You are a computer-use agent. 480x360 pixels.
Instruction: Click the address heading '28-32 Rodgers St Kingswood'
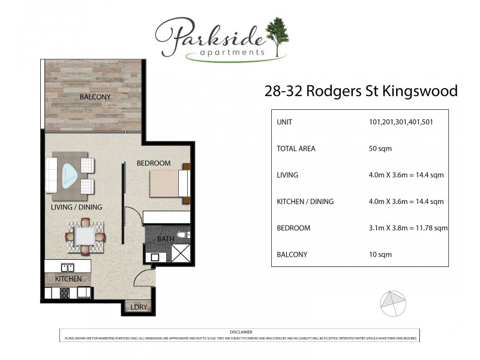tap(361, 91)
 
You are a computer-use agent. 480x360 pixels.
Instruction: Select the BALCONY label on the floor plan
tap(95, 97)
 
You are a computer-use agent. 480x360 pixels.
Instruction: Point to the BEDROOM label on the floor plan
tap(153, 163)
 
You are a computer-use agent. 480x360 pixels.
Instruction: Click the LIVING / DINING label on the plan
tap(76, 208)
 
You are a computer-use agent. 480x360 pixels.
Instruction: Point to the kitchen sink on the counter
tap(67, 268)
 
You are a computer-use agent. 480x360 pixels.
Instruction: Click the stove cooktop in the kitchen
tap(65, 293)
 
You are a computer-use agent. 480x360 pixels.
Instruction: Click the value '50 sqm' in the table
tap(381, 148)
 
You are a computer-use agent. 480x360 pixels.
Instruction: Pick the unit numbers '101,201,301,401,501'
tap(401, 122)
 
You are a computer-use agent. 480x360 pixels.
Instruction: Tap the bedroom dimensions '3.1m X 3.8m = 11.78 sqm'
tap(408, 228)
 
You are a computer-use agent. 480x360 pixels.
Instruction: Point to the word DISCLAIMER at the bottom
tap(241, 332)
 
